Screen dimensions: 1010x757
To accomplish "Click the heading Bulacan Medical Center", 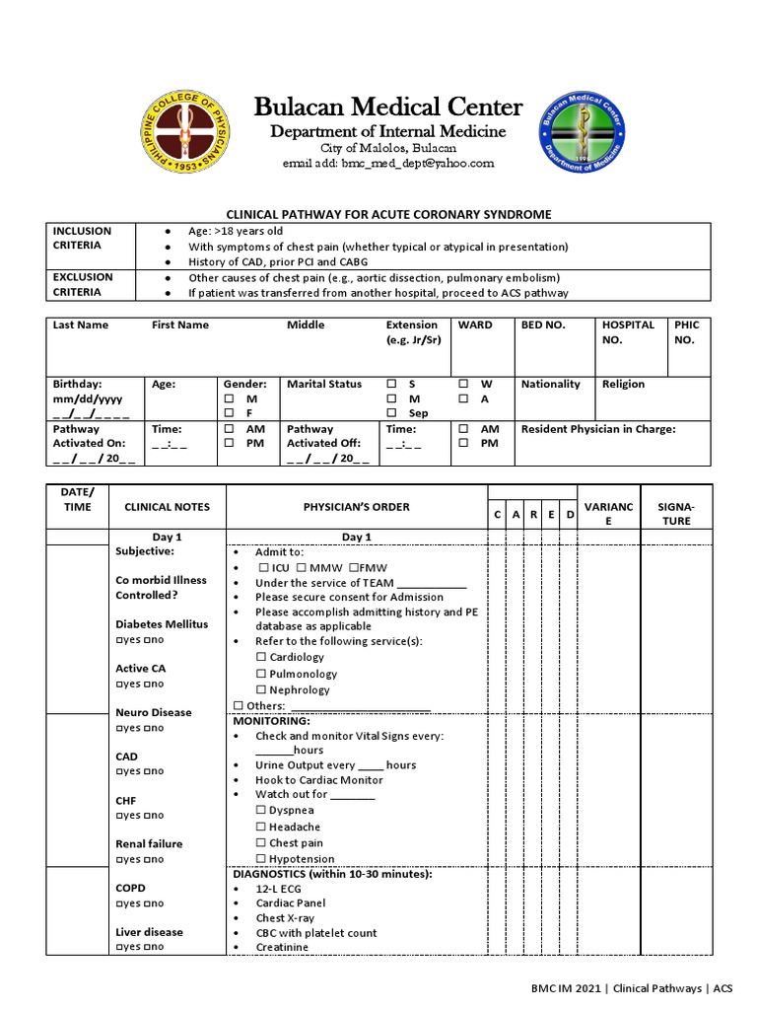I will (387, 108).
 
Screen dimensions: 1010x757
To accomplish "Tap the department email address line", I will (387, 163).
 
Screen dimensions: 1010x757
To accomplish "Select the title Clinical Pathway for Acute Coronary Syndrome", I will (388, 214).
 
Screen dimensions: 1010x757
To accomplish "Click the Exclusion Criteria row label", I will (83, 284).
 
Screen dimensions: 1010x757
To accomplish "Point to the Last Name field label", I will (81, 325).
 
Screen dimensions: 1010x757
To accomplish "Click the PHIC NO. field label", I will (685, 331).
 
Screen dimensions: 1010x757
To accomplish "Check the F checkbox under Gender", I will (229, 413).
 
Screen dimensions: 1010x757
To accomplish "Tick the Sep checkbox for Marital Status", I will (391, 413).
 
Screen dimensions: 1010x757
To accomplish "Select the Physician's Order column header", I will (356, 507).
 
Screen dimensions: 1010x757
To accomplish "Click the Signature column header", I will (675, 513).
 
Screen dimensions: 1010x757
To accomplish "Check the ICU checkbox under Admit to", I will (262, 568).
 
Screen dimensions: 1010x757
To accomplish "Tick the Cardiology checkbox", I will (261, 657).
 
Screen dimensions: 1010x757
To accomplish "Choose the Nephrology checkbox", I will (261, 690).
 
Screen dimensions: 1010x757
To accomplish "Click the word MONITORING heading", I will (271, 721).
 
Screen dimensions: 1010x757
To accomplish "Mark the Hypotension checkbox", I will (261, 859).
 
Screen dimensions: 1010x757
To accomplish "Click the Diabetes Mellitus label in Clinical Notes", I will (162, 624).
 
